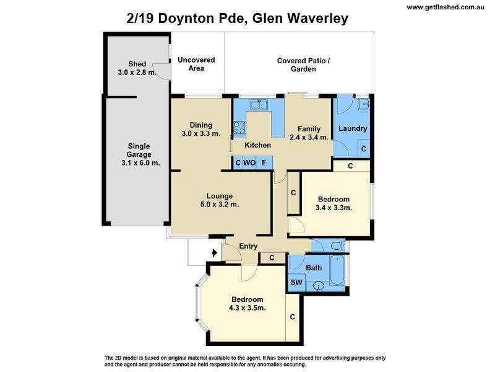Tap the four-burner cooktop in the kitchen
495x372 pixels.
tap(239, 128)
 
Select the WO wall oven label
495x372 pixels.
tap(249, 163)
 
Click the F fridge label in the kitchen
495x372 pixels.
tap(264, 163)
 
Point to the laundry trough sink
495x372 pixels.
tap(363, 104)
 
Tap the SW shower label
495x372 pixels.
tap(296, 283)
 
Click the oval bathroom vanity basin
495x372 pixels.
tap(318, 286)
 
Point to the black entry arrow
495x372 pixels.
tap(215, 252)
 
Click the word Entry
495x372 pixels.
tap(248, 246)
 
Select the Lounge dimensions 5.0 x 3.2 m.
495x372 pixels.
tap(220, 204)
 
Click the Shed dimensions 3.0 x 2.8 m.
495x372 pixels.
tap(137, 73)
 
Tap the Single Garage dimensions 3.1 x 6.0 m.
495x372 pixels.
tap(139, 163)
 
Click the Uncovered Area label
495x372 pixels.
tap(196, 64)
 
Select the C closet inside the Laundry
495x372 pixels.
tap(363, 149)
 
